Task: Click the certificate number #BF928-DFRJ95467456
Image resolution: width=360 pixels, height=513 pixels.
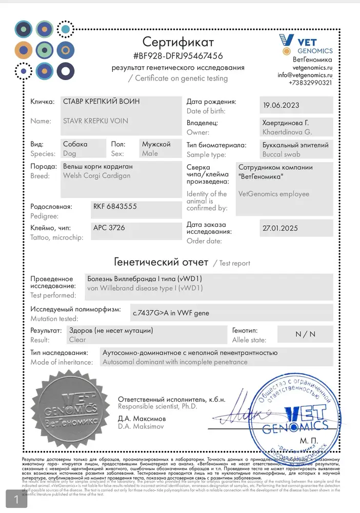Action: tap(177, 55)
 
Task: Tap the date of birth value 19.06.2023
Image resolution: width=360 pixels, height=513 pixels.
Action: tap(281, 105)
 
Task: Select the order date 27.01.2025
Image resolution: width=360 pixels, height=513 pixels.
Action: tap(279, 228)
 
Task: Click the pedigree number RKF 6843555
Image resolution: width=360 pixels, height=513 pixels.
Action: tap(115, 206)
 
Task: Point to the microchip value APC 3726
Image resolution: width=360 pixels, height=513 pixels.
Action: tap(109, 227)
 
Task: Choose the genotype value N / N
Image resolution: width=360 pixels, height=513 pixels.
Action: tap(306, 334)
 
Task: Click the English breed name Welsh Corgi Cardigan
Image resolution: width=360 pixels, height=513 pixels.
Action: tap(96, 175)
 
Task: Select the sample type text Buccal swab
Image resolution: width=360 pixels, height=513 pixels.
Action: tap(281, 154)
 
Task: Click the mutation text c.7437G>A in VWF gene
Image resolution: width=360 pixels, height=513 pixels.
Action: tap(171, 312)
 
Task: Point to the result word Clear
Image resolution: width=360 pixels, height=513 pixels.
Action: tap(77, 340)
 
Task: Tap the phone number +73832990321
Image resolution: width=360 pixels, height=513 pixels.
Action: tap(310, 83)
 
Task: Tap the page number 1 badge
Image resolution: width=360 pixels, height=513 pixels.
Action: tap(16, 499)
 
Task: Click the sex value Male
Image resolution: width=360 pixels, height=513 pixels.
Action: tap(150, 153)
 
